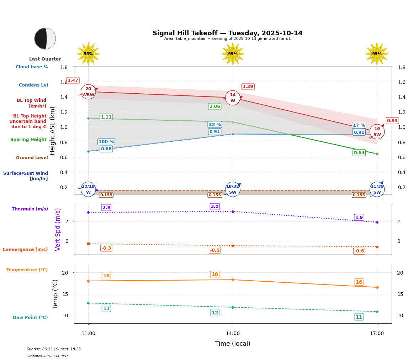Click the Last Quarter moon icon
tap(45, 38)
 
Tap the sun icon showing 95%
tap(88, 54)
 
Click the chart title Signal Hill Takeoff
tap(227, 33)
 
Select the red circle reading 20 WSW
tap(88, 92)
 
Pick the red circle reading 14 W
tap(233, 98)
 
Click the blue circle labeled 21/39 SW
tap(377, 189)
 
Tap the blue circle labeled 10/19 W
tap(88, 189)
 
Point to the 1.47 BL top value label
tap(73, 80)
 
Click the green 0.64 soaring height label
tap(359, 153)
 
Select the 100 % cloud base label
tap(106, 142)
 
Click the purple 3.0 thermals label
tap(214, 207)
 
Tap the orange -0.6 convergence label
tap(359, 251)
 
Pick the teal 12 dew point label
tap(214, 313)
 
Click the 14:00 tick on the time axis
tap(233, 334)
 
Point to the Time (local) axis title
tap(233, 344)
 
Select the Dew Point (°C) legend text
tap(30, 318)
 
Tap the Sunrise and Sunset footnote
tap(54, 349)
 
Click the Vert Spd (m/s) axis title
tap(58, 229)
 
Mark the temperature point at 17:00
tap(377, 287)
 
